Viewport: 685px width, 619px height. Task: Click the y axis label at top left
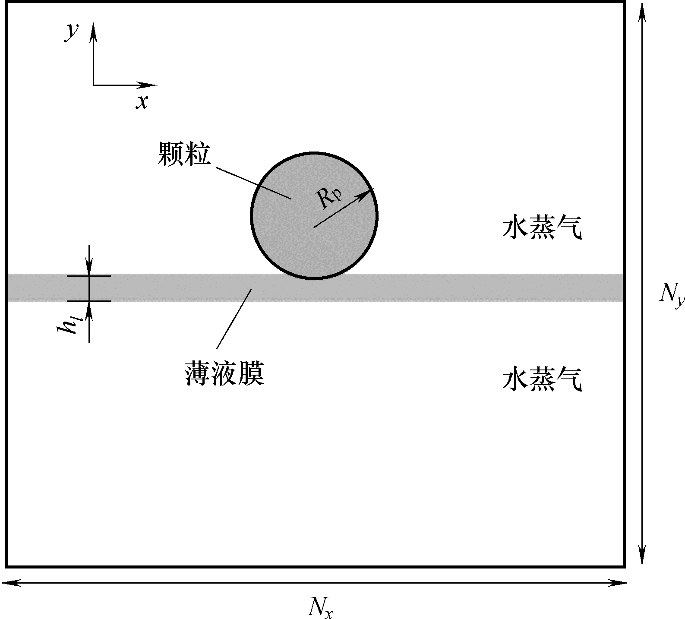[x=72, y=32]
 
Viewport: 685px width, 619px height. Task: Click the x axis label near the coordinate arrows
[x=142, y=102]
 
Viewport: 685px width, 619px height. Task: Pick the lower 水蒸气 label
[x=542, y=379]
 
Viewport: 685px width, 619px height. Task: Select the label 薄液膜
[x=224, y=374]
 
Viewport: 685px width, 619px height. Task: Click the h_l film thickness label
[x=69, y=325]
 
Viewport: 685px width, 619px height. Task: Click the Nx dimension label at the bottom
[x=321, y=607]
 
